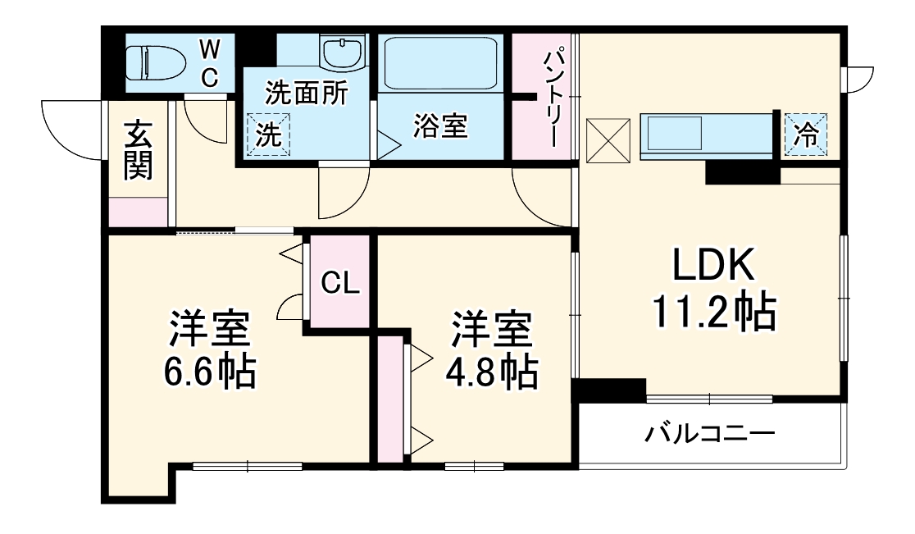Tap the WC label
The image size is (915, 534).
coord(210,64)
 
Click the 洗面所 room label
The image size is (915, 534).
coord(305,94)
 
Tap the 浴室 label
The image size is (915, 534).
coord(439,127)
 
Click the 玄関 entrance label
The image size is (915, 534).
coord(139,151)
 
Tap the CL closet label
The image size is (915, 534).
coord(339,283)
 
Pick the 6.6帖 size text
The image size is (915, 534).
coord(209,372)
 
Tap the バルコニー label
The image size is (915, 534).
coord(708,432)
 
